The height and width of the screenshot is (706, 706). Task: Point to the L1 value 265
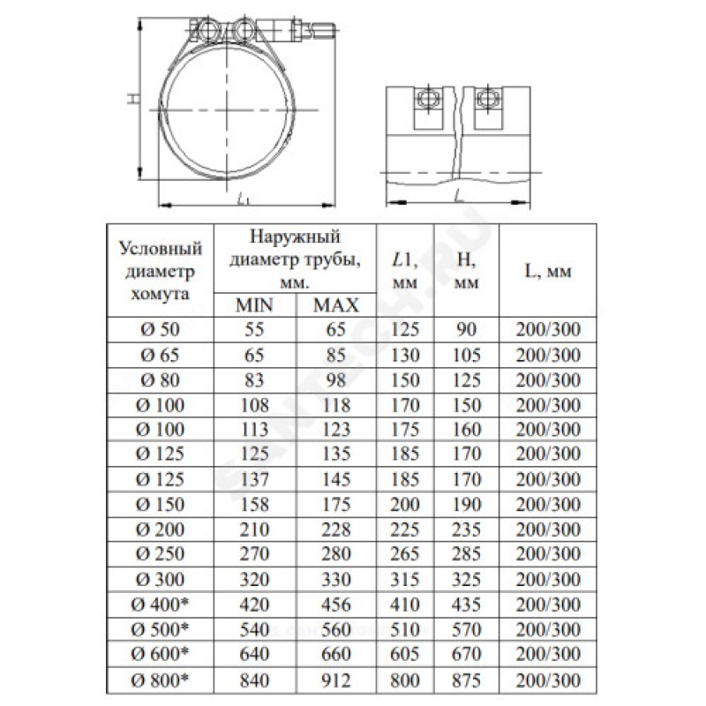(405, 556)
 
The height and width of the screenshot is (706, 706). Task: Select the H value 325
(466, 581)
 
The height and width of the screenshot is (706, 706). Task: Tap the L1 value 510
(405, 631)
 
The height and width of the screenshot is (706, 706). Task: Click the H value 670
(466, 656)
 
